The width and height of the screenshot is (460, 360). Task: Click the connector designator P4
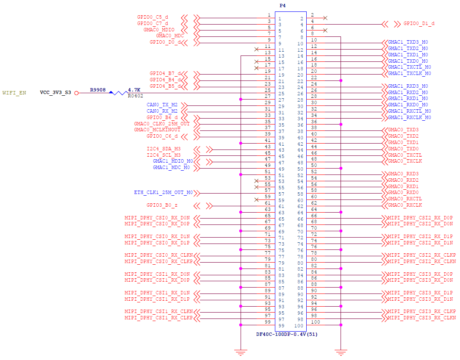[283, 6]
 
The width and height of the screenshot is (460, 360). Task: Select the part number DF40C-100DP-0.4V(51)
[287, 334]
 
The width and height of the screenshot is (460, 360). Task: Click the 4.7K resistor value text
[134, 90]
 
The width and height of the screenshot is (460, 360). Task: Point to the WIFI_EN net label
[14, 93]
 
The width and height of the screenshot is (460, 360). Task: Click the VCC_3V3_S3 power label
[55, 92]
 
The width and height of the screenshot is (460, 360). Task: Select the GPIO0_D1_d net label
[419, 23]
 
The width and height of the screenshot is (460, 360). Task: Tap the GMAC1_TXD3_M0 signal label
[408, 42]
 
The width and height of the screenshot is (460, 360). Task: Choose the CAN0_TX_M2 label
[162, 105]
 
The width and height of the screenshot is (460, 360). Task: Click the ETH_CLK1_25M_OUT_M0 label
[163, 192]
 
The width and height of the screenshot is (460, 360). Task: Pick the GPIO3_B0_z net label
[162, 205]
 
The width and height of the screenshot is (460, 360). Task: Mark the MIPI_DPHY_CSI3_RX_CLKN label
[422, 318]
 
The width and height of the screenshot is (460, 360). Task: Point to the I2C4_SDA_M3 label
[163, 149]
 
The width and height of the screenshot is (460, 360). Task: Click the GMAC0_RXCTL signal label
[405, 199]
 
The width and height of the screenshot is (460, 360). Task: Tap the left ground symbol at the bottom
[241, 352]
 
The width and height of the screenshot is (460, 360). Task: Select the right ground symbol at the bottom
[341, 352]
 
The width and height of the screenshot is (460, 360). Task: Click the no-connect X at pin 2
[325, 18]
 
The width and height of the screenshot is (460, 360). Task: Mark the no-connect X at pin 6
[325, 30]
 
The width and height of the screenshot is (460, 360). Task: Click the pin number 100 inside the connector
[299, 326]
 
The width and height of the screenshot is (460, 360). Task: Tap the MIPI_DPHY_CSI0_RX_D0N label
[157, 218]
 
